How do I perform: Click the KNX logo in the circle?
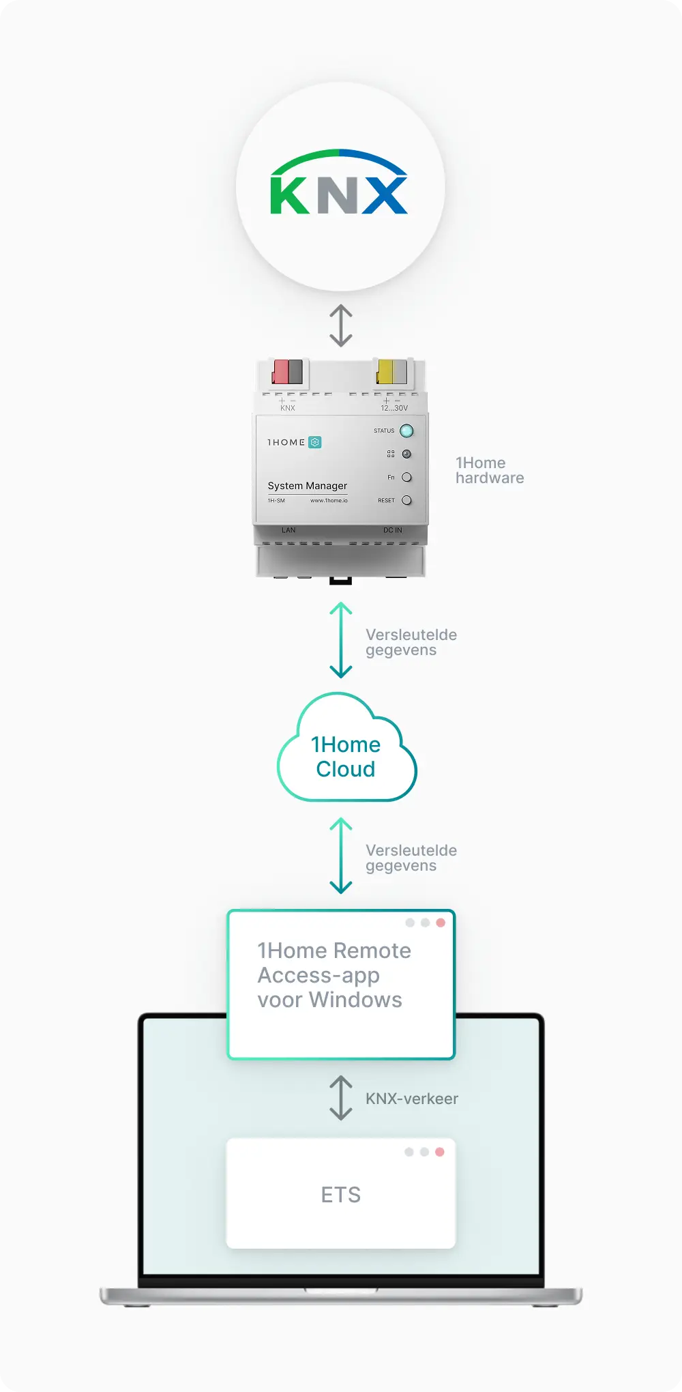pos(339,185)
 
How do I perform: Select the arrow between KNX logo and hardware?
pos(341,325)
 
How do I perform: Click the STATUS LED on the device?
pos(406,431)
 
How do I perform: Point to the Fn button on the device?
pos(406,478)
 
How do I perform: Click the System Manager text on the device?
pos(307,486)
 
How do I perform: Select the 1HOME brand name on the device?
pos(286,443)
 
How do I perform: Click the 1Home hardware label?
pos(490,470)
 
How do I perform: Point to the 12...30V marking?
pos(394,408)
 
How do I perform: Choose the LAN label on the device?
pos(288,530)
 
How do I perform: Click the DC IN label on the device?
pos(392,530)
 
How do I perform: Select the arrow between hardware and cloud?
pos(341,640)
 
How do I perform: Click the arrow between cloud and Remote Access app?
pos(341,856)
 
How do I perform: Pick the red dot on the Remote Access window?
pos(441,923)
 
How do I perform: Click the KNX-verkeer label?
pos(412,1099)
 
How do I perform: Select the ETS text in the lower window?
pos(341,1195)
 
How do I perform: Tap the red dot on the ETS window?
pos(440,1152)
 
